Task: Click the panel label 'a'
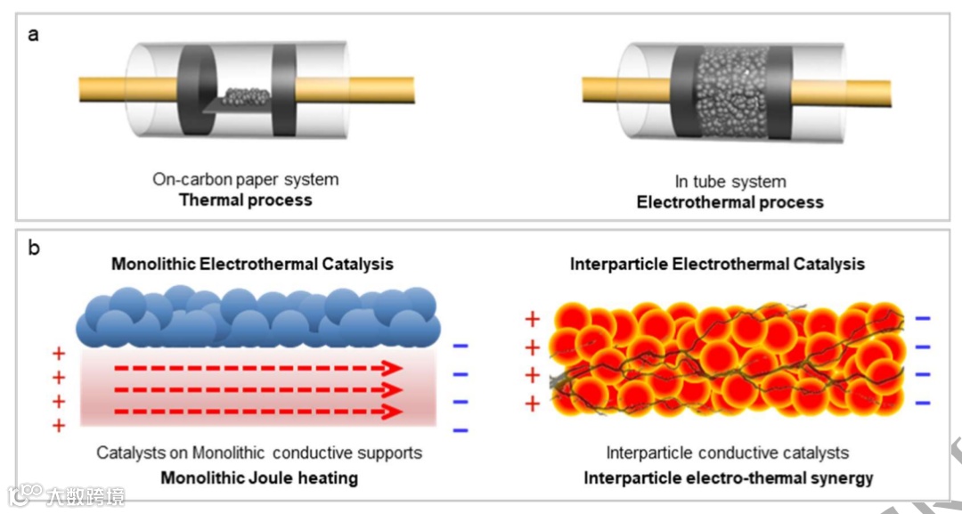click(33, 35)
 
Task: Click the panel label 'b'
click(34, 248)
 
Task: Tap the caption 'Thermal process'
click(246, 200)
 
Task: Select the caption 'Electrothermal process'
click(730, 202)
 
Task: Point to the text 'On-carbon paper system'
click(246, 179)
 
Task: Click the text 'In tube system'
click(730, 182)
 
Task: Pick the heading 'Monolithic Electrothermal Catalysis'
click(252, 264)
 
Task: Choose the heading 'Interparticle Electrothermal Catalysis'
click(717, 264)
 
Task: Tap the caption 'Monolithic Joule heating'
click(259, 477)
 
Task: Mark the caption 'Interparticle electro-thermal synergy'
click(728, 478)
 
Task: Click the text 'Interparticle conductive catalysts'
click(727, 453)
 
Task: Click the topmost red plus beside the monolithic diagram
click(59, 355)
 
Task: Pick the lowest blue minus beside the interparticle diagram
click(923, 403)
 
